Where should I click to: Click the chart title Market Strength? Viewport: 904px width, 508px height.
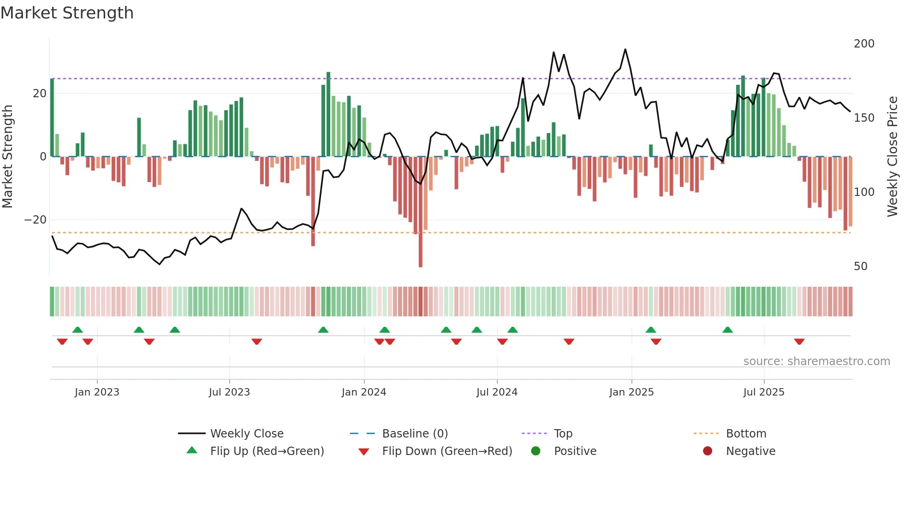tap(67, 13)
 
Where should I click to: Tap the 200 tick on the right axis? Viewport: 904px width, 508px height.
tap(863, 44)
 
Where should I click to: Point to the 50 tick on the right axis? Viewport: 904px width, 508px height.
tap(860, 266)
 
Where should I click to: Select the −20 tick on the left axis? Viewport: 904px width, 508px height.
tap(36, 220)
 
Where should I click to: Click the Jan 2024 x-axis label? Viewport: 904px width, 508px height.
tap(363, 392)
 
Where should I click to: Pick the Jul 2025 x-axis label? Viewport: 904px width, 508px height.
tap(763, 392)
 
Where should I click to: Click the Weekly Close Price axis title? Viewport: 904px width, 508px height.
tap(892, 157)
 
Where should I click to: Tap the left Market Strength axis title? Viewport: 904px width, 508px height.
tap(8, 157)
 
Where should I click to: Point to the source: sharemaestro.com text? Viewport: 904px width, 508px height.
tap(816, 361)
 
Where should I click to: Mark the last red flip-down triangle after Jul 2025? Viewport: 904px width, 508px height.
tap(799, 342)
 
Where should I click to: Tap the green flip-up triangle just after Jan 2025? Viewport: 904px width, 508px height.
tap(651, 330)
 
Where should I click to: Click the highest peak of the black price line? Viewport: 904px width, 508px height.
tap(625, 49)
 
